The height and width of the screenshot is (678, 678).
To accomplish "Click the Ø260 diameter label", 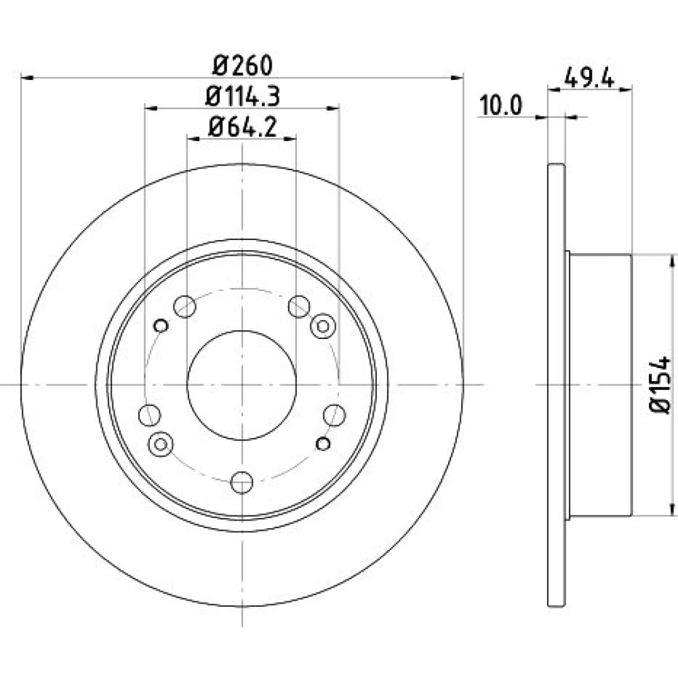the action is (243, 66).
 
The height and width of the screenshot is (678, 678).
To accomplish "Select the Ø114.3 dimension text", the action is (243, 96).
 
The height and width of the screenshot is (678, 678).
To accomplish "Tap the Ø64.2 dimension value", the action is (242, 127).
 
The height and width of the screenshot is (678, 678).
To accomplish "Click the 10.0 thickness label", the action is (501, 105).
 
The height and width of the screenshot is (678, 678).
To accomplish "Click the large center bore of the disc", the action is (242, 385).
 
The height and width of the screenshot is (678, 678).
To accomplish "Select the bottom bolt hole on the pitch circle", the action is (242, 482).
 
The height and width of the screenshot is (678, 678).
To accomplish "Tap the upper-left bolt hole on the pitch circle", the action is (184, 306).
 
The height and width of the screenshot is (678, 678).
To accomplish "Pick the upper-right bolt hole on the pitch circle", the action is (299, 306).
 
